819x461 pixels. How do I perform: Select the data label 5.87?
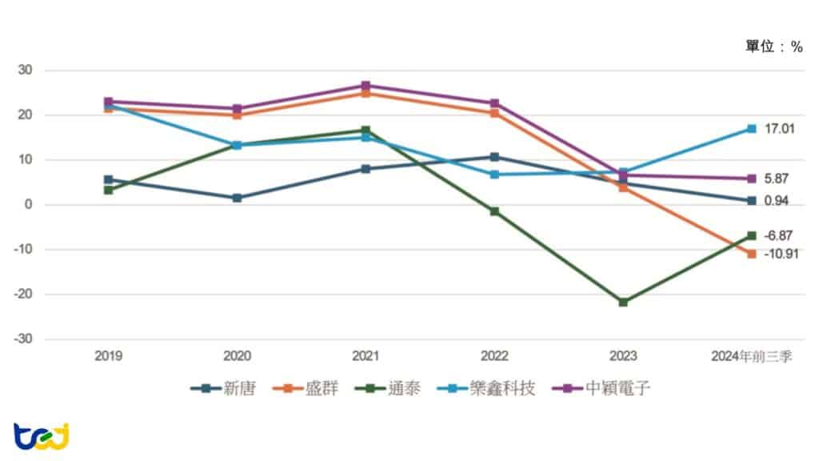point(776,178)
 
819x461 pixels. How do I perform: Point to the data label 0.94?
point(776,201)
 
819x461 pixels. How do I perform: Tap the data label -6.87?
point(778,235)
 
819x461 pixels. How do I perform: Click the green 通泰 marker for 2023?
point(623,302)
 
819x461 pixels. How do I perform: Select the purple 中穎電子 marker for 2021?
point(366,86)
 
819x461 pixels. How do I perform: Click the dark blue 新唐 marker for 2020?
point(237,198)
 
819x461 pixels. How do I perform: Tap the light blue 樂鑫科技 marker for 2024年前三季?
point(752,129)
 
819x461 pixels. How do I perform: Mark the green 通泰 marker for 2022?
point(494,211)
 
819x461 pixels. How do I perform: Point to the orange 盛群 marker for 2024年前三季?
point(752,254)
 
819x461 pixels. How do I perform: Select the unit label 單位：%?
point(773,47)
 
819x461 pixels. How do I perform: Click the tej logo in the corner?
point(42,435)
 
